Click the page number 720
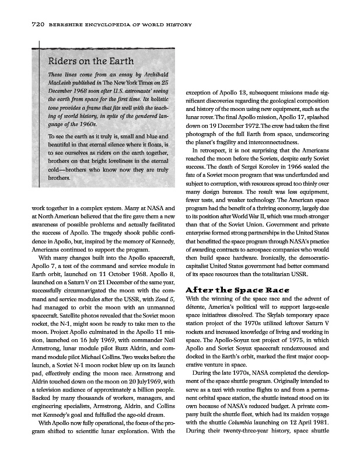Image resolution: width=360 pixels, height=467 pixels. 22,25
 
